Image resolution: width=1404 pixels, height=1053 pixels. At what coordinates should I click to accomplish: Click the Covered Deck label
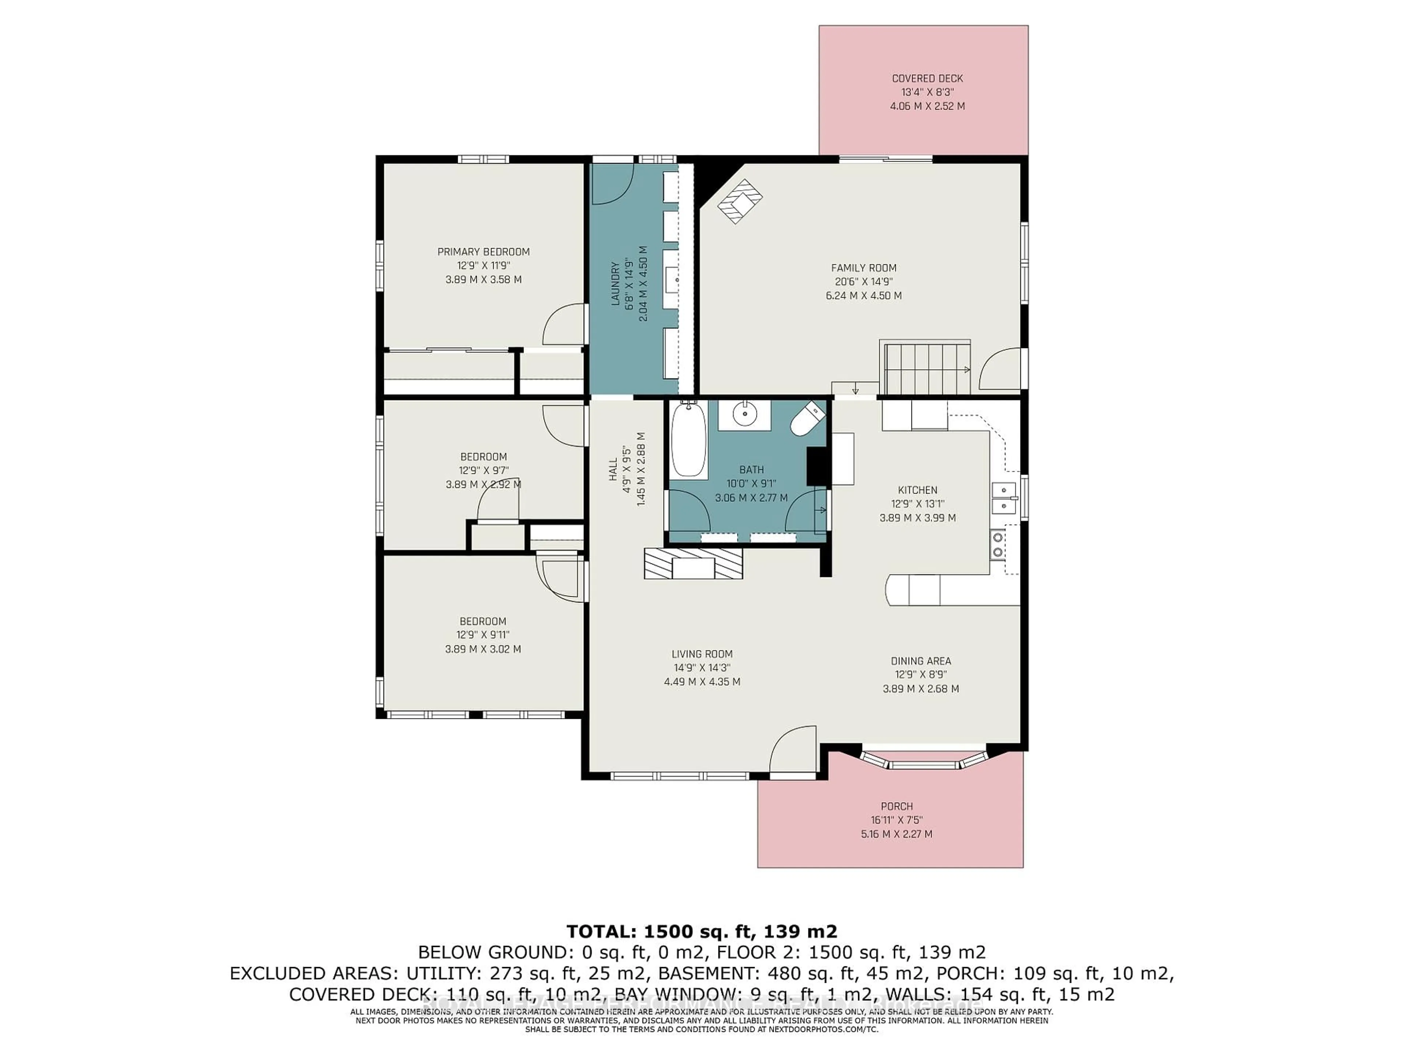pos(927,79)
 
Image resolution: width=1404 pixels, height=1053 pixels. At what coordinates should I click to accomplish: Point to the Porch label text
pos(896,807)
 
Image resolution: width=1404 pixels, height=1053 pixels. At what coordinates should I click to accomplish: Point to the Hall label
pos(613,470)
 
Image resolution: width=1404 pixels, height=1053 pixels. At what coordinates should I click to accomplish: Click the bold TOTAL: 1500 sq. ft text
pos(701,931)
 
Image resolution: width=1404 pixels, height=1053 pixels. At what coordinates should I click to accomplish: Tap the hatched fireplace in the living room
pos(693,563)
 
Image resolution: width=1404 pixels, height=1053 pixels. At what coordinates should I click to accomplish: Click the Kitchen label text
pos(917,490)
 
